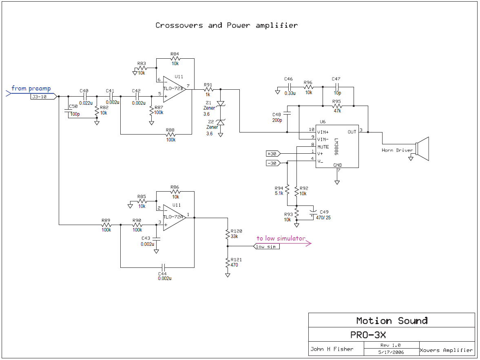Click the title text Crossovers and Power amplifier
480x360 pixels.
point(226,25)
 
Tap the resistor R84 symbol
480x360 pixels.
point(175,59)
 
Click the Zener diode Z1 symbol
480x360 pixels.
point(221,104)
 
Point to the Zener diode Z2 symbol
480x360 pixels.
point(221,122)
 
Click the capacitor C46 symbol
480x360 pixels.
point(289,87)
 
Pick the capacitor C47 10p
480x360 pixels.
point(337,87)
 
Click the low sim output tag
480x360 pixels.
point(266,247)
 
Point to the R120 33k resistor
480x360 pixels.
point(228,235)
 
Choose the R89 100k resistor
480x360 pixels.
point(106,225)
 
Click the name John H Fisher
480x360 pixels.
point(331,349)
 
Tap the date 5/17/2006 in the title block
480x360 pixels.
point(390,352)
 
